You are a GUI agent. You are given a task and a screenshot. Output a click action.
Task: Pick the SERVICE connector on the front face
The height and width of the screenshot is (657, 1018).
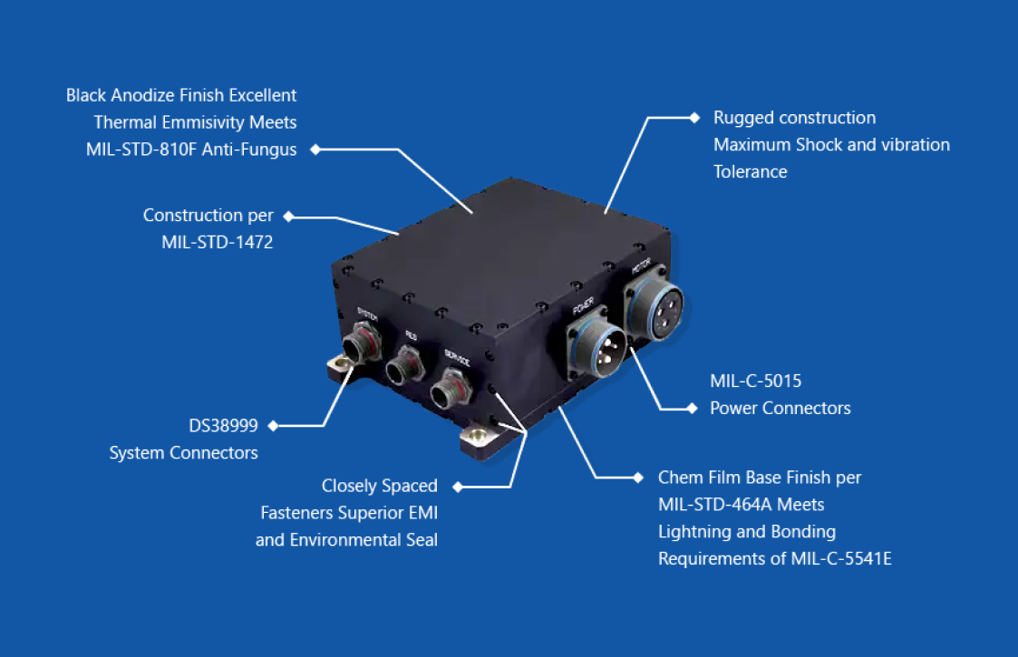click(x=449, y=391)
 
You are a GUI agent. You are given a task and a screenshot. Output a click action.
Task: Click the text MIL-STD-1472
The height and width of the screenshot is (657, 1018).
click(x=218, y=243)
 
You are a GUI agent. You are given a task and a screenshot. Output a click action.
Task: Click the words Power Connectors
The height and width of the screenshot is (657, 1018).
click(x=780, y=408)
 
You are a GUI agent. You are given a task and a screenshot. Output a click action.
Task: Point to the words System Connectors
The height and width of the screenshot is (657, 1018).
click(x=184, y=452)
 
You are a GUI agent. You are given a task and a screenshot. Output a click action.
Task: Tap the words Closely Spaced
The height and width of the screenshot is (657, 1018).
click(x=380, y=487)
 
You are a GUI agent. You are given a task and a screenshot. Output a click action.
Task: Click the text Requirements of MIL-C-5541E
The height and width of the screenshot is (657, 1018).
click(x=775, y=558)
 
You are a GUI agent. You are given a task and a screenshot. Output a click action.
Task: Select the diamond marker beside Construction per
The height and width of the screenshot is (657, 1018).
click(x=289, y=217)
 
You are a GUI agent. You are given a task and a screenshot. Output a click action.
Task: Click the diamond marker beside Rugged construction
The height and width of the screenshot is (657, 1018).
click(x=693, y=117)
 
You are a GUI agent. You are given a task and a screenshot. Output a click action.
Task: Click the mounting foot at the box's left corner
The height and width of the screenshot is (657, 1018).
click(x=338, y=365)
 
